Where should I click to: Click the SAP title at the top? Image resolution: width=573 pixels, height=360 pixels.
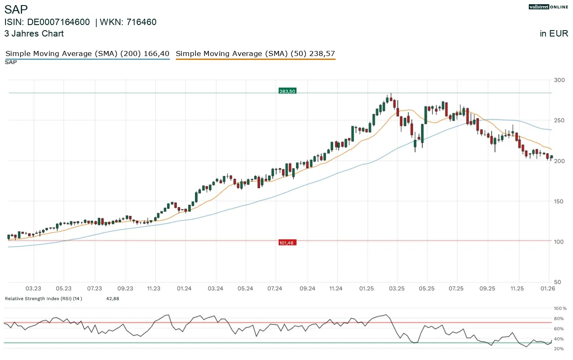coord(16,10)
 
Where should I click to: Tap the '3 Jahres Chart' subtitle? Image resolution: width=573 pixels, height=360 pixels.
coord(34,34)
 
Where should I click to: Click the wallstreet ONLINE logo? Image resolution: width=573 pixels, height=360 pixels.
coord(548,7)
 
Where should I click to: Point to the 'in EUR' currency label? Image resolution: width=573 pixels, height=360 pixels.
coord(554,34)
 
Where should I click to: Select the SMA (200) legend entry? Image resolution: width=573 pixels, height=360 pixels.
coord(87,54)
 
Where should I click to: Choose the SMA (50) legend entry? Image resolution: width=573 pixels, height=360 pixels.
coord(255,54)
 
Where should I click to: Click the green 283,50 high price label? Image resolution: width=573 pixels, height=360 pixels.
coord(287,91)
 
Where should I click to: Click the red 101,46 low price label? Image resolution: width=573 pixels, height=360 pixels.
coord(287,243)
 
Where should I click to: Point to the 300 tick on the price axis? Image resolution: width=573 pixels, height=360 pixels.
coord(559,80)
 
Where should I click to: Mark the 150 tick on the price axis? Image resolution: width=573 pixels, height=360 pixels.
coord(559,201)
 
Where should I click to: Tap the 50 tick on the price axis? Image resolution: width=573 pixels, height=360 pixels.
coord(558,282)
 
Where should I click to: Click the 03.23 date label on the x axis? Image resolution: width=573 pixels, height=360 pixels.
coord(34,289)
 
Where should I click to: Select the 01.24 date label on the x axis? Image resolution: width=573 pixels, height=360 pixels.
coord(184,289)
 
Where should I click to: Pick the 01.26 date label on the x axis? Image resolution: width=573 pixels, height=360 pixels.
coord(547,289)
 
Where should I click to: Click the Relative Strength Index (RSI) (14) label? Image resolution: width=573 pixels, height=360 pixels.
coord(43,299)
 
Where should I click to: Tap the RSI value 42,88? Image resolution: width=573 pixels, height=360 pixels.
coord(113,299)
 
